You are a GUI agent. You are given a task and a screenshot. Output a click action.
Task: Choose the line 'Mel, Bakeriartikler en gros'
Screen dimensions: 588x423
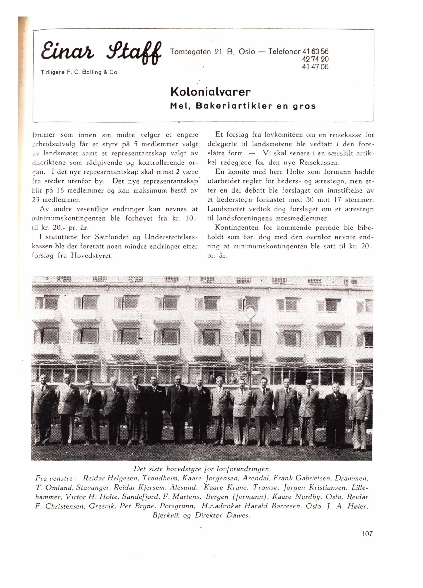(243, 106)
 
